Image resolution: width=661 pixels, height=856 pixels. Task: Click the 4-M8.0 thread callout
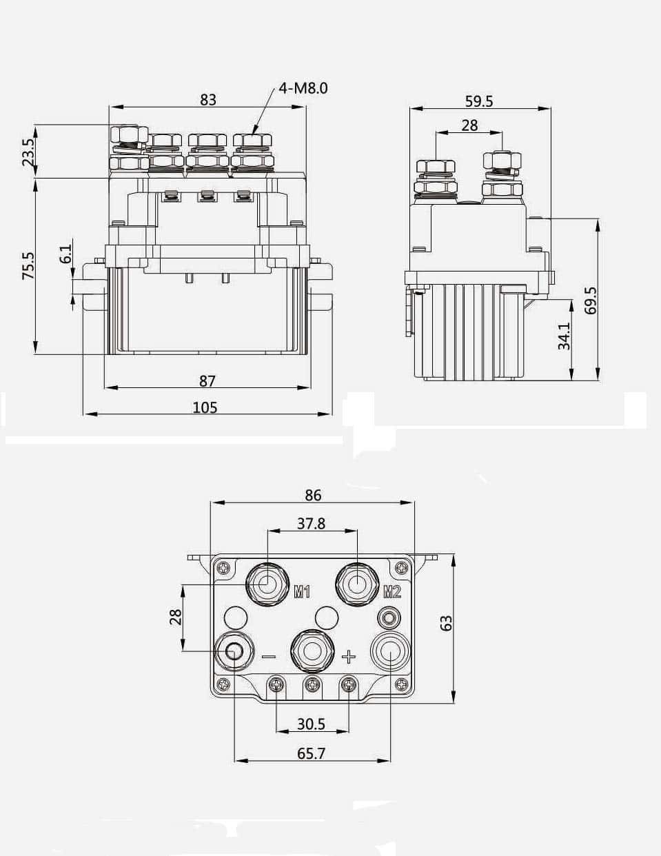[303, 88]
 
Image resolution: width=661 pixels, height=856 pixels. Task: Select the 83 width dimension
[207, 99]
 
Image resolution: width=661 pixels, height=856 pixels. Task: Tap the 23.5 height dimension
[28, 152]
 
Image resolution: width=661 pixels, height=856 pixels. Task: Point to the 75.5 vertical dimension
[28, 265]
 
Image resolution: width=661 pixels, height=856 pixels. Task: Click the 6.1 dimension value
[65, 254]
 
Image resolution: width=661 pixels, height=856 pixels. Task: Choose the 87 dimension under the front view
[207, 380]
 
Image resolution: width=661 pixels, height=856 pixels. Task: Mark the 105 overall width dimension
[205, 407]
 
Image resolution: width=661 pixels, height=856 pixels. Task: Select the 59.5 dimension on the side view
[479, 101]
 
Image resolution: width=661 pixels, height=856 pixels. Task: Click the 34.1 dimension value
[564, 336]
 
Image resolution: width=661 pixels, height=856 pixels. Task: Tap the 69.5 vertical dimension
[590, 300]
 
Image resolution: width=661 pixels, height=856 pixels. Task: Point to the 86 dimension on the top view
[313, 495]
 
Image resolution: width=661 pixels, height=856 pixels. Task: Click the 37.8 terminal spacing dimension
[311, 524]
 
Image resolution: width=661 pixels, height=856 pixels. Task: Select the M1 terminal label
[302, 591]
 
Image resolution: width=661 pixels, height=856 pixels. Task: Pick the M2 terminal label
[391, 591]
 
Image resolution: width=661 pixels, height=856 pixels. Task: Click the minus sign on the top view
[269, 657]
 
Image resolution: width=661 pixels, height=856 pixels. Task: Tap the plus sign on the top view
[349, 656]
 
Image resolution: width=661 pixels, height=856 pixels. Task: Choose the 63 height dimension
[446, 623]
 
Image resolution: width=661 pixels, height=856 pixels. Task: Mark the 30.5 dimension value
[311, 724]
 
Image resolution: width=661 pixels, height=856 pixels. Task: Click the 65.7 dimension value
[311, 753]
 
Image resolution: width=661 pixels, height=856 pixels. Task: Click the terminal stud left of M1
[267, 584]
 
